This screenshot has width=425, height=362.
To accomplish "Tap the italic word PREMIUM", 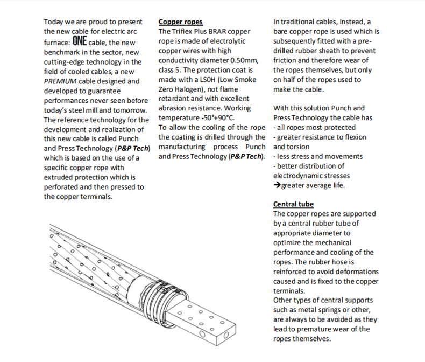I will [61, 81].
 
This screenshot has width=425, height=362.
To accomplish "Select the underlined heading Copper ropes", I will [181, 22].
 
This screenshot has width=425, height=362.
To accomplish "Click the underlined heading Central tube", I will [293, 204].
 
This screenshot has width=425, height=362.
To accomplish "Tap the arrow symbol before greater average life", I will [277, 185].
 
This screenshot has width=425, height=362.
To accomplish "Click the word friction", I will [287, 60].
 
